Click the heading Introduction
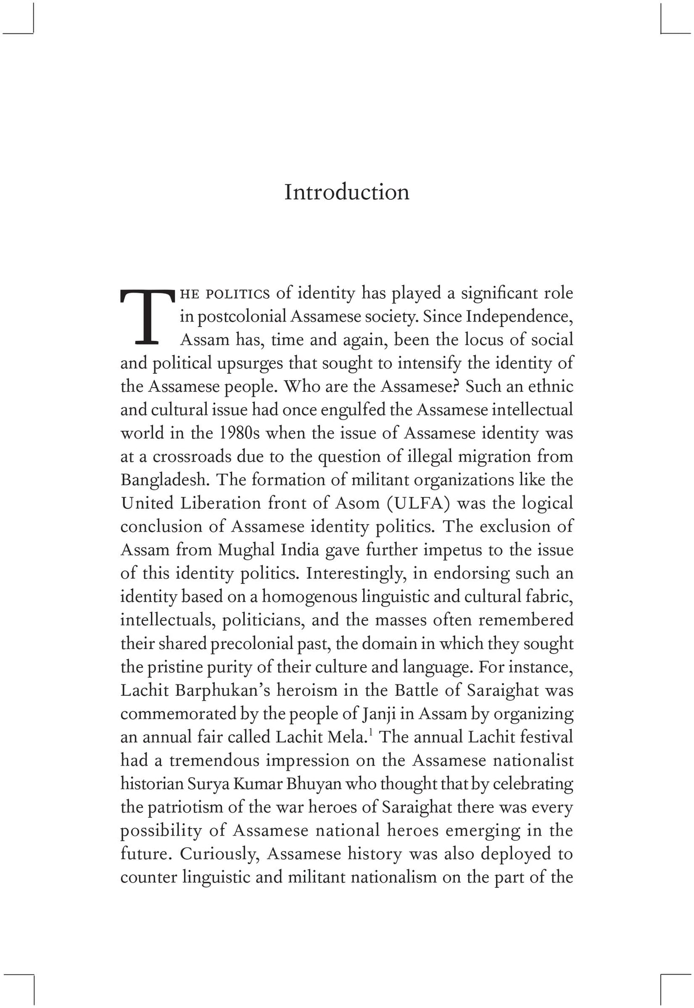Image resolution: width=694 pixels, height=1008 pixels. pos(347,192)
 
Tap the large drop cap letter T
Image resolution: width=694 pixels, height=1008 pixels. pos(147,317)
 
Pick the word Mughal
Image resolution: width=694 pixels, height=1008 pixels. pos(246,550)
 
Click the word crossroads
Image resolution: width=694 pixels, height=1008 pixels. pos(192,457)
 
